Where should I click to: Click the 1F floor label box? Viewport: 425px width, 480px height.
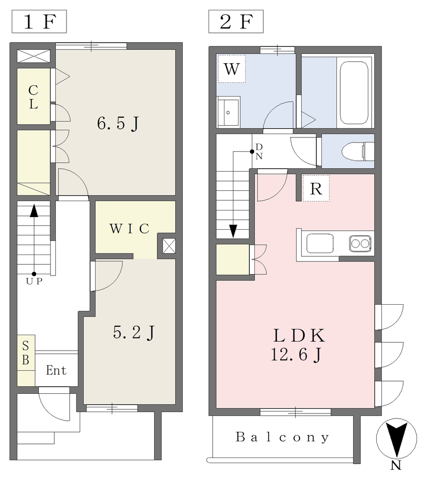[x=39, y=22]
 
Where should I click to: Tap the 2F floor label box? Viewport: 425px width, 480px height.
[x=236, y=22]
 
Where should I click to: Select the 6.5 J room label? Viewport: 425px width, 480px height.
[x=118, y=124]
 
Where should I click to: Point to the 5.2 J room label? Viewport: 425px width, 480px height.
[x=134, y=333]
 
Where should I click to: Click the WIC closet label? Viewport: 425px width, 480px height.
[x=129, y=229]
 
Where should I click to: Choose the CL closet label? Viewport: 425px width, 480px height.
[x=33, y=97]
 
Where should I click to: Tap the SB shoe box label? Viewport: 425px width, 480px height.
[x=26, y=353]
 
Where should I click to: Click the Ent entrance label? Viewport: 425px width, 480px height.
[x=56, y=370]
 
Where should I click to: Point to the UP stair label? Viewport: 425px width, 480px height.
[x=34, y=281]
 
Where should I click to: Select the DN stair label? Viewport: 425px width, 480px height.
[x=259, y=151]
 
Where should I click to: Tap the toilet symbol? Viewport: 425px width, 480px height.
[x=358, y=151]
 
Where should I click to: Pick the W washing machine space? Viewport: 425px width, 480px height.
[x=231, y=69]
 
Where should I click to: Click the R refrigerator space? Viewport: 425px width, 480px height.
[x=316, y=188]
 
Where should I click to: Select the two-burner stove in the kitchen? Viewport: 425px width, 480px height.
[x=360, y=244]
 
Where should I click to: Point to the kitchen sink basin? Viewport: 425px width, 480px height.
[x=320, y=244]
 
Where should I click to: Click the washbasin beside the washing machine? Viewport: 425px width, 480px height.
[x=228, y=112]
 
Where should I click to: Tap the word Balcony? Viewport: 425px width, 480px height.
[x=283, y=437]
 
